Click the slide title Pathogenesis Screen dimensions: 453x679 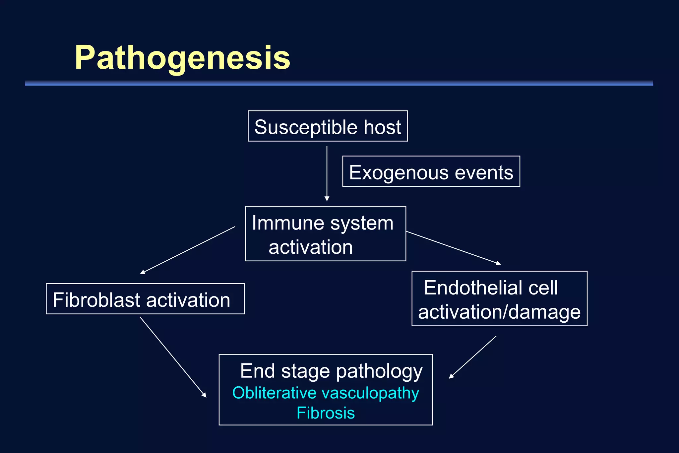182,58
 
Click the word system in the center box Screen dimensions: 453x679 362,223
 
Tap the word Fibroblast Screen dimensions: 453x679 96,300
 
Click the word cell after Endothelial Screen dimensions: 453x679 543,288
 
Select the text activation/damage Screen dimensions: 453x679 499,312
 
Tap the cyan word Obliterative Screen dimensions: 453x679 274,393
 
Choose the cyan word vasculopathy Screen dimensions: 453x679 370,394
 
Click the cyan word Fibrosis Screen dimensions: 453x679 326,413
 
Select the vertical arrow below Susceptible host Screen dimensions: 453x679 327,173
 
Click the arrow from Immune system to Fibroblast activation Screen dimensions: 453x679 188,250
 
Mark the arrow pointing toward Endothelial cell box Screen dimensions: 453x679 453,248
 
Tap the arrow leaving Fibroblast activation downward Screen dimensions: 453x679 173,357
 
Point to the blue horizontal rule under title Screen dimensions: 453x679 339,83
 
